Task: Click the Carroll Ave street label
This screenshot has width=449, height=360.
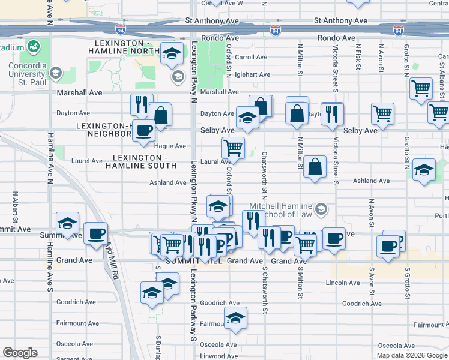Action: click(x=251, y=58)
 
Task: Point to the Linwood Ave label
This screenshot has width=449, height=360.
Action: click(x=220, y=356)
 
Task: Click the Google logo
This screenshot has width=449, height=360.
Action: click(x=20, y=353)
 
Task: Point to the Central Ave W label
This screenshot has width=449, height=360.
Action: click(x=222, y=3)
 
